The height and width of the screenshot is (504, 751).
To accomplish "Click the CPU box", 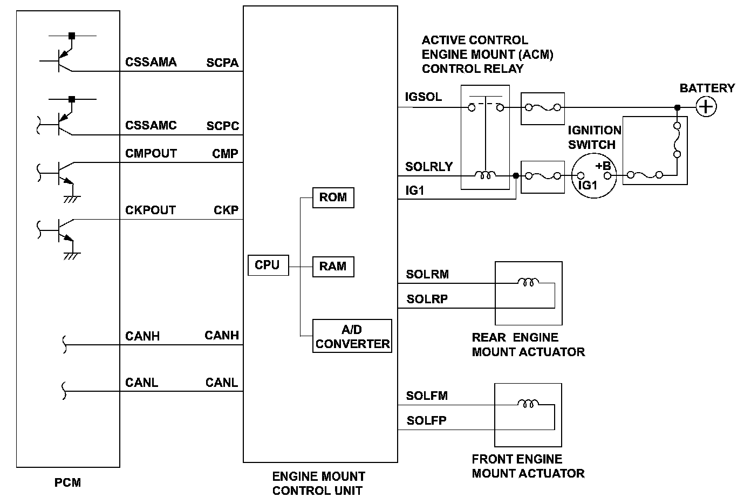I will coord(267,265).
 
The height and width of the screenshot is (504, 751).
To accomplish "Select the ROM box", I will coord(333,197).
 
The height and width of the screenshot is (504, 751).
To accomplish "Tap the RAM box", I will coord(333,266).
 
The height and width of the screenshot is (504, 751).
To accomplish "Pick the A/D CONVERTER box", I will coord(352,336).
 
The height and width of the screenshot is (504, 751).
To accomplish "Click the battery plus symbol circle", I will coord(706,107).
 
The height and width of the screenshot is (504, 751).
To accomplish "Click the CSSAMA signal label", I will coord(151,62).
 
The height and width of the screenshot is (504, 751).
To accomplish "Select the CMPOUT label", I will coord(151,153).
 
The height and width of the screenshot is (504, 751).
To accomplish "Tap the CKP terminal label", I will coord(226,210).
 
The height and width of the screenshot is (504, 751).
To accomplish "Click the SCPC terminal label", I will coord(222,126).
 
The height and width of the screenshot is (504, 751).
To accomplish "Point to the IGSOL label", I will coord(424,97).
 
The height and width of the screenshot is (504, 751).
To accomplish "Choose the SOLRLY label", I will coord(429,167).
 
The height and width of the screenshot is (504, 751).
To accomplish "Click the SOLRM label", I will coord(427,274).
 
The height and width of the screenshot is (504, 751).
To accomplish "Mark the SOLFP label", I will coord(426,420).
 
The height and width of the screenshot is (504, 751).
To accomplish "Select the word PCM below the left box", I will coord(68,482).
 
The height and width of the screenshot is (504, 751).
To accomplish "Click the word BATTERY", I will coord(707,88).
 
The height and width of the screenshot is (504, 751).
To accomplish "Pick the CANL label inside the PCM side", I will coord(141,383).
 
